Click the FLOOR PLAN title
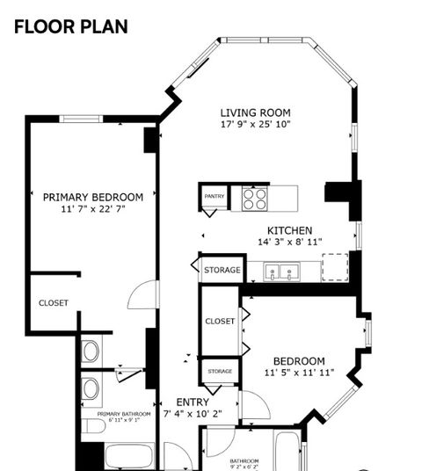click(x=70, y=26)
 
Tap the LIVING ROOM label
click(x=255, y=112)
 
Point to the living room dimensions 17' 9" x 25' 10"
click(x=255, y=125)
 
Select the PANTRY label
click(x=214, y=196)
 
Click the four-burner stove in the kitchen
click(x=255, y=198)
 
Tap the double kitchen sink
click(x=283, y=272)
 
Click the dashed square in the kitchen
click(x=335, y=267)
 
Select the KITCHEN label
click(x=290, y=230)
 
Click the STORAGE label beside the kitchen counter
click(x=222, y=270)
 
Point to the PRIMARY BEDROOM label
click(x=92, y=197)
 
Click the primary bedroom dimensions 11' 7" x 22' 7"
click(x=92, y=210)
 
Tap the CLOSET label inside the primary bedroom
click(x=53, y=303)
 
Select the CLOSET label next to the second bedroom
click(x=220, y=322)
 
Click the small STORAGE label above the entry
click(x=220, y=372)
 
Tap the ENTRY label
click(x=192, y=402)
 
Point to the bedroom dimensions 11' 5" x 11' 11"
click(x=298, y=373)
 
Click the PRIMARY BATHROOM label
click(x=123, y=413)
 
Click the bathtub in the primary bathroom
click(x=128, y=456)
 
